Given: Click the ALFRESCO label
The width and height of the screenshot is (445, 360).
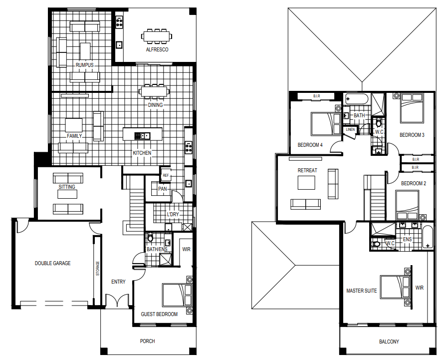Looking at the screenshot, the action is [157, 50].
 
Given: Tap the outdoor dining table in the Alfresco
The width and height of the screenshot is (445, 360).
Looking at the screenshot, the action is [156, 36].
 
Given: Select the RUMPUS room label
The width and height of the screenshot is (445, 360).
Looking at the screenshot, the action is [85, 65].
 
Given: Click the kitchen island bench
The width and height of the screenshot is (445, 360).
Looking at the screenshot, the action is [143, 134].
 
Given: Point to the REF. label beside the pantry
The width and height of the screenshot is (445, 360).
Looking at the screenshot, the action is [166, 176].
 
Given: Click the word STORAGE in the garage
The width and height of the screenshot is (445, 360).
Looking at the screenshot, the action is [98, 269].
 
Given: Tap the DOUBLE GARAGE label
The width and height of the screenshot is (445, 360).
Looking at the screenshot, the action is [53, 264].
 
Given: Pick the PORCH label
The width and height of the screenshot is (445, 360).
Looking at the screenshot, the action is [148, 341].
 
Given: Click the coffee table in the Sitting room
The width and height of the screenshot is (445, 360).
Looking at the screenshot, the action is [67, 194].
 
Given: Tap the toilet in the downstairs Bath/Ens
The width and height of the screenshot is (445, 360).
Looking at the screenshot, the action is [150, 237].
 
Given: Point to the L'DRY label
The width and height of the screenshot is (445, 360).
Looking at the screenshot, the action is [173, 214].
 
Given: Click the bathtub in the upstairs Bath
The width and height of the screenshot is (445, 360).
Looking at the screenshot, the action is [357, 99].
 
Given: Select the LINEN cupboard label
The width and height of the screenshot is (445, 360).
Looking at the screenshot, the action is [350, 129].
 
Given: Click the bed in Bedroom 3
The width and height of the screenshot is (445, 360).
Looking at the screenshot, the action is [412, 108].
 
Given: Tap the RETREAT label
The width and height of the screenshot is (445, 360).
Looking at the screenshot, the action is [307, 170].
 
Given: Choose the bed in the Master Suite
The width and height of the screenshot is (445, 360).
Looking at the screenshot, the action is [395, 287].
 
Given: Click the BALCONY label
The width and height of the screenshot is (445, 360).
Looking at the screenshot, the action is [389, 342].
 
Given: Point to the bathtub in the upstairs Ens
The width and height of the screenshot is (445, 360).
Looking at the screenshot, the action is [428, 237].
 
